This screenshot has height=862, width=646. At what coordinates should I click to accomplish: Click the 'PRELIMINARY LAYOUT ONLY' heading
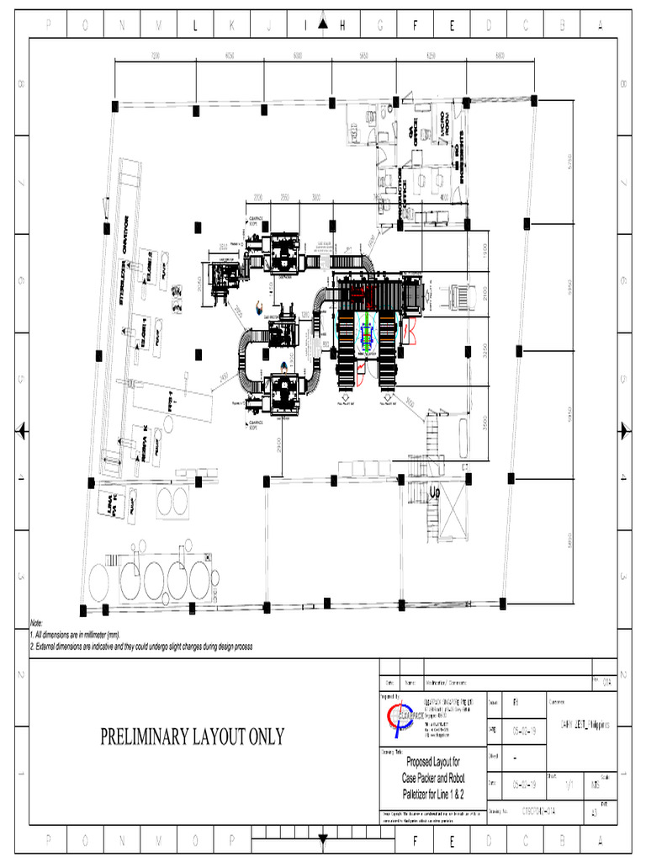click(x=193, y=737)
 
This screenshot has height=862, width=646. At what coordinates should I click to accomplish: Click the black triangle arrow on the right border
click(x=623, y=431)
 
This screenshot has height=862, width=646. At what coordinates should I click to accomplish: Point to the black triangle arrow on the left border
click(x=23, y=431)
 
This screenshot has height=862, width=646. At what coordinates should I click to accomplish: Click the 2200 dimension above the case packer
click(x=258, y=197)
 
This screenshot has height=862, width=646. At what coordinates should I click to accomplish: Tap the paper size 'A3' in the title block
click(x=596, y=814)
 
